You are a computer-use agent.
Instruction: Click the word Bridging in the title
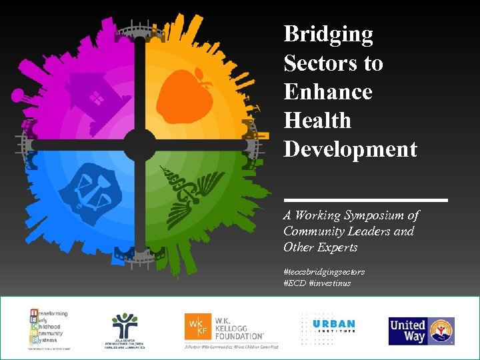[328, 35]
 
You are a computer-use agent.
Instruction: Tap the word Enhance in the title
[327, 92]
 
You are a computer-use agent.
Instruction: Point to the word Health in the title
[317, 121]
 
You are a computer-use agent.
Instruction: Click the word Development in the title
[350, 149]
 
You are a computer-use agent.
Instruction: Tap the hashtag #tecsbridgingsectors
[323, 272]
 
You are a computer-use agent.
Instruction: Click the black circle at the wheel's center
[140, 144]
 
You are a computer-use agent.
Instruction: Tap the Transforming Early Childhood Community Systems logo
[52, 329]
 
